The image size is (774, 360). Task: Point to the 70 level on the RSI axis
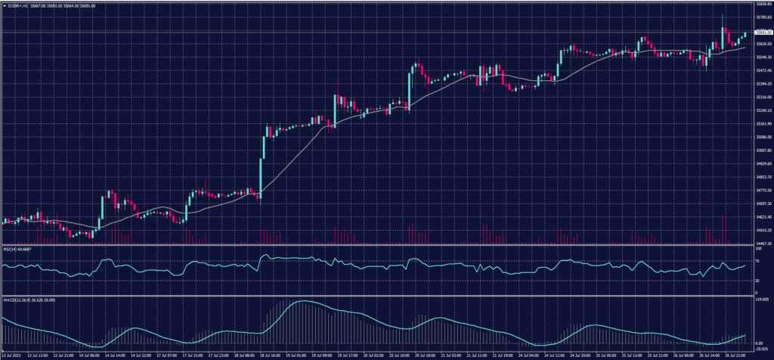coord(757,260)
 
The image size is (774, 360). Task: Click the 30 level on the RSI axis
coord(757,281)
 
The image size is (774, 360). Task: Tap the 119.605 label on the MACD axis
coord(761,299)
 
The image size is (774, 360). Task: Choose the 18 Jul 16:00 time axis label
coord(271,354)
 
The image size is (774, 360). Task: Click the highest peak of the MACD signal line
coord(301,302)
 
